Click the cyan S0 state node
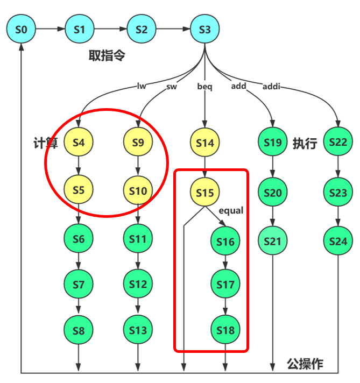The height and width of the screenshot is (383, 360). pos(20,30)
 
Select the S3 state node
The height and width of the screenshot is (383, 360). pos(204,30)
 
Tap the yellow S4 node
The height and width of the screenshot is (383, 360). pos(79,143)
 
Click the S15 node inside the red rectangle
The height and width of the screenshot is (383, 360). pos(204,192)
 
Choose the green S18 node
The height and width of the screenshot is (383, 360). pos(225,330)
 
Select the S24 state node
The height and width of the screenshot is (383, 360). pos(338,242)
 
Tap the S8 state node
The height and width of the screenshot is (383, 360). pos(79,330)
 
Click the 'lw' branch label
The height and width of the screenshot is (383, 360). pos(142,86)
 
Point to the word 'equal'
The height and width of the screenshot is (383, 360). pos(231,210)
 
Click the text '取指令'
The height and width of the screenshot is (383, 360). pos(107,55)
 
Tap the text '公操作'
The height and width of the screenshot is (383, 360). pos(305,364)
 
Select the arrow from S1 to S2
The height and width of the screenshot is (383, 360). pos(110,30)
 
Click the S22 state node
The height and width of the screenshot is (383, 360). pos(338,143)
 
